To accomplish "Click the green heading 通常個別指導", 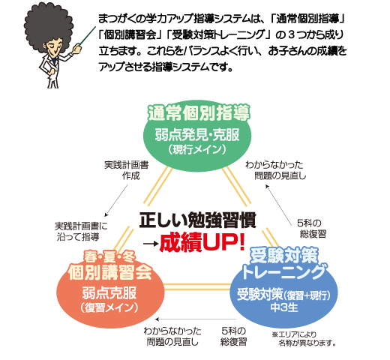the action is (199, 113).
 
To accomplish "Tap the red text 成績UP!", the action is (202, 243).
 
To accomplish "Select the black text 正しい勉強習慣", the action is (197, 220).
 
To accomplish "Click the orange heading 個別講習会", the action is (110, 271).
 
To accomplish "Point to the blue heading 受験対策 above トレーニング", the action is (283, 255).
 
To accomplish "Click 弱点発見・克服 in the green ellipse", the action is (197, 135).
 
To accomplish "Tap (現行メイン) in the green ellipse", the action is (197, 149).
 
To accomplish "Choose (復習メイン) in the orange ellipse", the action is (109, 307).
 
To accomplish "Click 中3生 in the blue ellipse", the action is (284, 307).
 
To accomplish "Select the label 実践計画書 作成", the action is (127, 170).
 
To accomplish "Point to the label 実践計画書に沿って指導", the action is (81, 231).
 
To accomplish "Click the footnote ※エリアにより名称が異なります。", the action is (304, 339).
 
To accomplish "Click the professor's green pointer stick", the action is (88, 36).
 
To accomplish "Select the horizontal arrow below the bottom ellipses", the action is (196, 319).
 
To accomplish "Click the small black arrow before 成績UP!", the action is (151, 243).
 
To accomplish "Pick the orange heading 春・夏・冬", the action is (109, 256).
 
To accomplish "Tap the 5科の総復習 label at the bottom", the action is (233, 337).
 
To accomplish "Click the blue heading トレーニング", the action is (285, 271).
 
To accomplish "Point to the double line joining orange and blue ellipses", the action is (197, 286).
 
